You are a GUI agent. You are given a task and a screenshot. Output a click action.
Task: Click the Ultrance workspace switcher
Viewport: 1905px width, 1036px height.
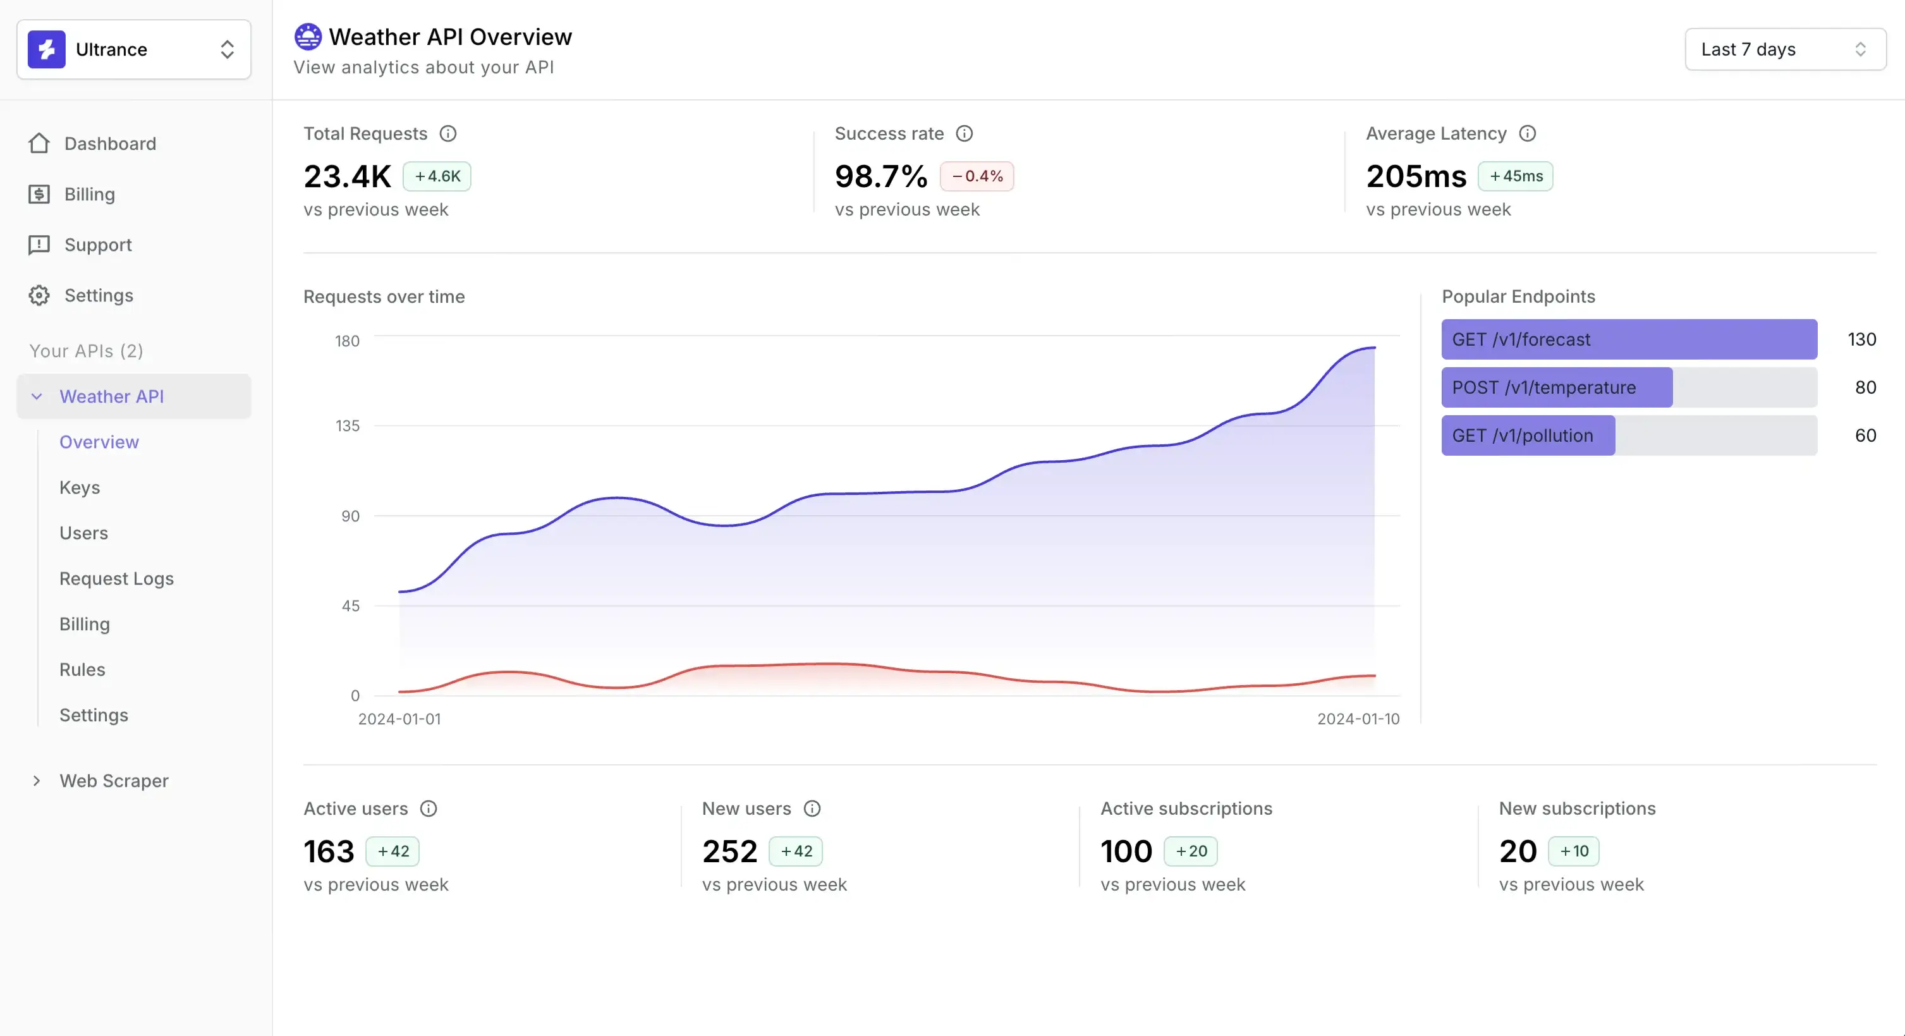click(x=133, y=49)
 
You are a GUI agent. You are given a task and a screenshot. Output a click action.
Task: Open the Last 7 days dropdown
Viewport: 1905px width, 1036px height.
click(x=1784, y=49)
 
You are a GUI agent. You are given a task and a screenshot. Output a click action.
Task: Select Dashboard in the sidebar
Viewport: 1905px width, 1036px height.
click(x=109, y=143)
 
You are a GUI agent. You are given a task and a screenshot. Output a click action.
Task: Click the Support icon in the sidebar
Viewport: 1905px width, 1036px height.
click(x=39, y=245)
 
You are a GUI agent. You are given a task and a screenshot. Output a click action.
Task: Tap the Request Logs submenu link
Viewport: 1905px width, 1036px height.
click(x=116, y=578)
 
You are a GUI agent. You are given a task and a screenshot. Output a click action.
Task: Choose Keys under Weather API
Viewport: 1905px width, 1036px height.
click(x=79, y=487)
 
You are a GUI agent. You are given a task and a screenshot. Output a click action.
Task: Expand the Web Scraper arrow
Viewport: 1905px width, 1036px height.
click(x=36, y=781)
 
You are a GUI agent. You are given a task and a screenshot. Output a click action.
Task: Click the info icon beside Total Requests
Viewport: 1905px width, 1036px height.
click(x=448, y=134)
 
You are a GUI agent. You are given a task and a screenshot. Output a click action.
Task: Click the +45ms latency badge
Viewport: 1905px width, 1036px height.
click(x=1515, y=176)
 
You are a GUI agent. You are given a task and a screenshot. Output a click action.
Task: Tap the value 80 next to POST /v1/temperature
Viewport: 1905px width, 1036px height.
click(x=1865, y=387)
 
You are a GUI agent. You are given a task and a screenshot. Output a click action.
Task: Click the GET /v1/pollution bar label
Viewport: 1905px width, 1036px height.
click(x=1522, y=436)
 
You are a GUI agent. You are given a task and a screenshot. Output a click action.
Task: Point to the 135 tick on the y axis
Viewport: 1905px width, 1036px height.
click(x=347, y=426)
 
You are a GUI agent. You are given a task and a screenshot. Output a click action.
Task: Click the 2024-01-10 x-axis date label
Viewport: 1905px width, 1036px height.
click(x=1358, y=719)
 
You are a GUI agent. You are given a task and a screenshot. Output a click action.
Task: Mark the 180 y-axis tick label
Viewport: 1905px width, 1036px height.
click(x=347, y=341)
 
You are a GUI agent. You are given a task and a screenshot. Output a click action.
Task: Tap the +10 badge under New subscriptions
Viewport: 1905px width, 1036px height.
click(x=1574, y=851)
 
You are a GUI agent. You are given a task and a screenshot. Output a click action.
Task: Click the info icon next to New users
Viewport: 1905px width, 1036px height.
click(x=812, y=808)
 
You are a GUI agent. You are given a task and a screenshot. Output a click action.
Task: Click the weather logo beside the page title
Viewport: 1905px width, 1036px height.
click(x=308, y=36)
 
